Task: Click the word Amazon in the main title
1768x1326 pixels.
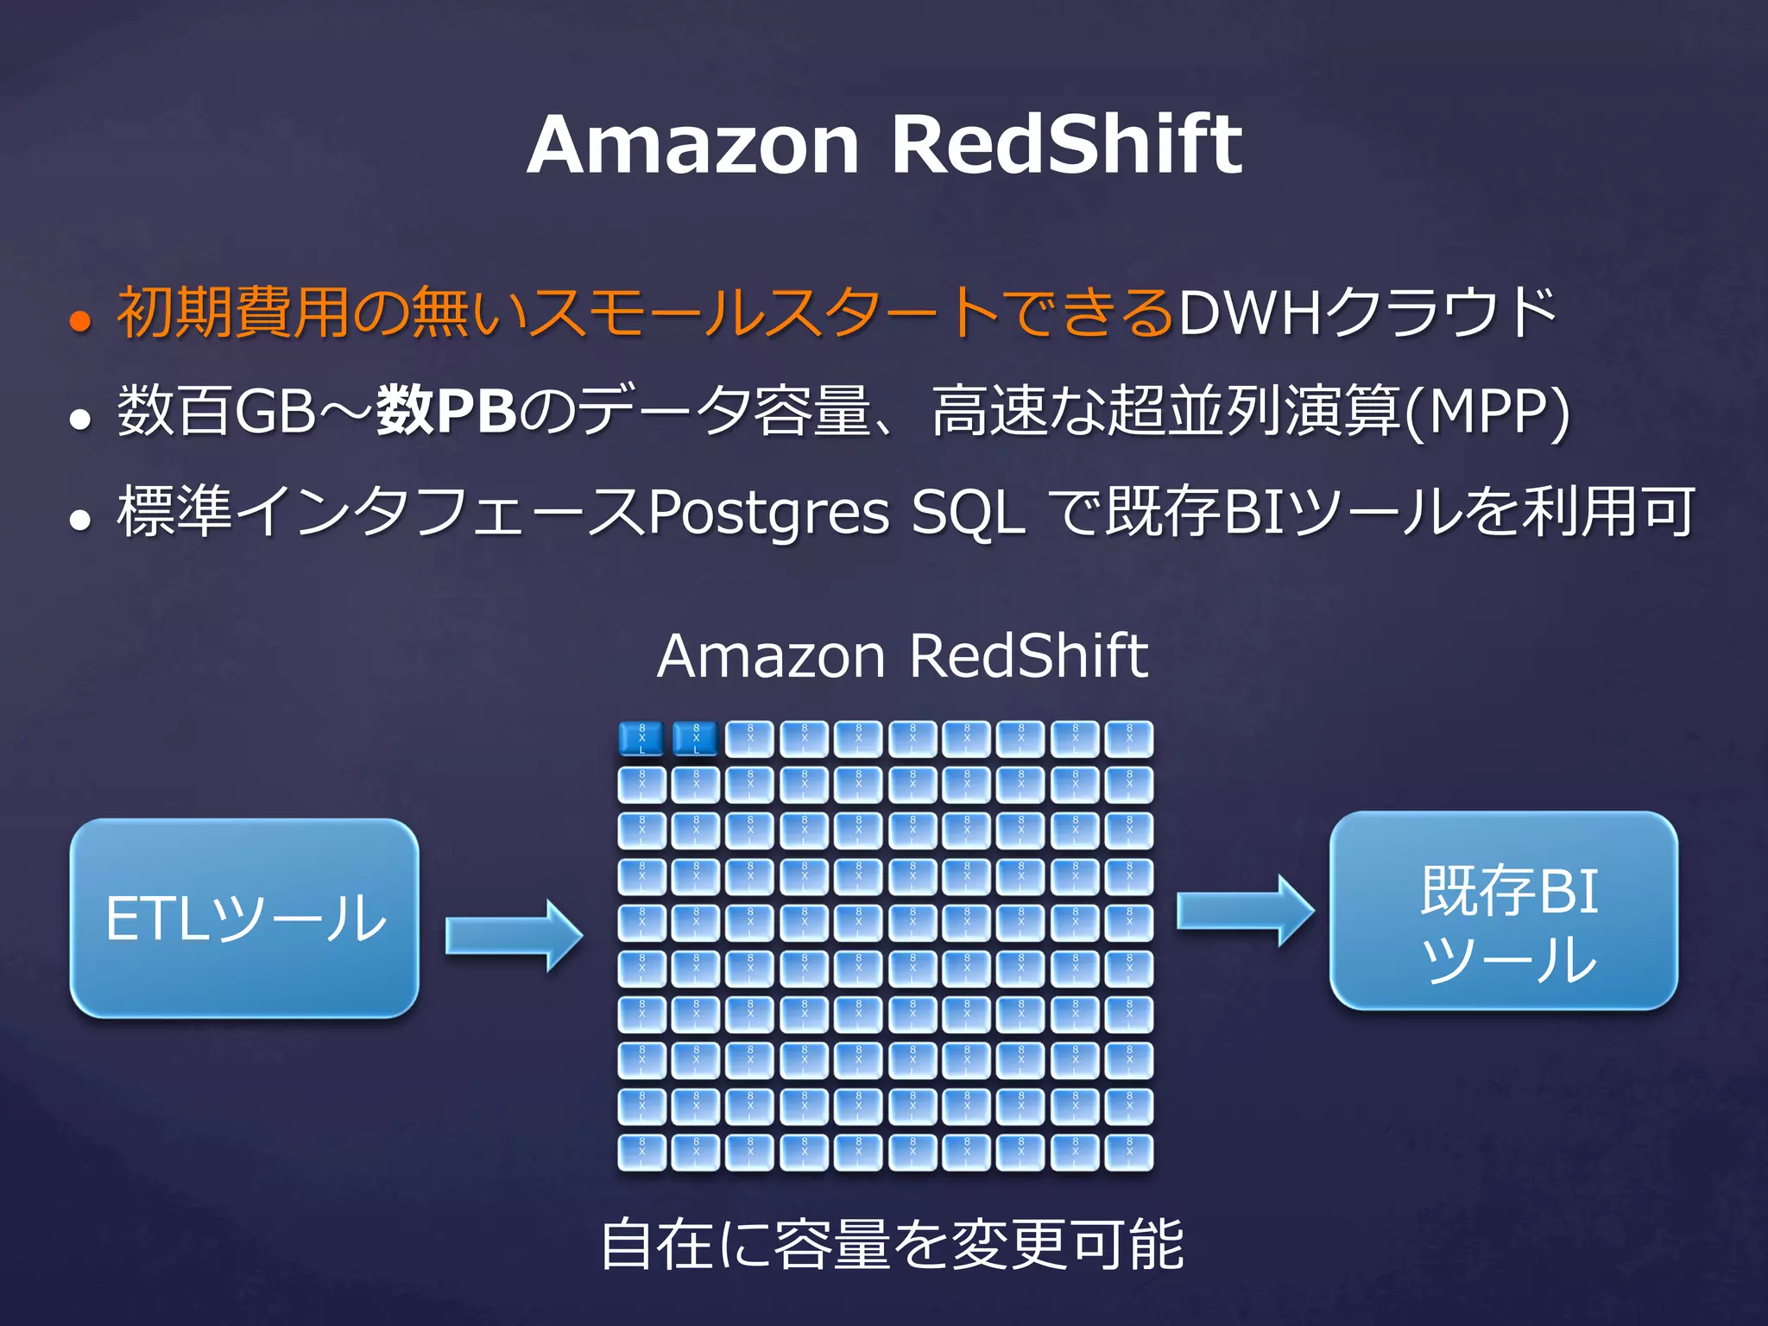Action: (x=693, y=144)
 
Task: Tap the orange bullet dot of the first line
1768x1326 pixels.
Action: (x=80, y=321)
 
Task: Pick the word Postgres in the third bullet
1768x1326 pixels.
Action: (x=768, y=513)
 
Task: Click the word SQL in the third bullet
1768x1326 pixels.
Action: (x=969, y=513)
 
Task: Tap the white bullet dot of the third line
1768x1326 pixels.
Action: (x=80, y=520)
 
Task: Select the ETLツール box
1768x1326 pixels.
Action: (x=244, y=918)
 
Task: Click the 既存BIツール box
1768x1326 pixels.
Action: (x=1503, y=911)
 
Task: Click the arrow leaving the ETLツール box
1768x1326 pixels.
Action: (x=514, y=936)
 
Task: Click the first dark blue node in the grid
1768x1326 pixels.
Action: (x=641, y=739)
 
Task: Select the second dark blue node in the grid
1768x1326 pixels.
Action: (x=696, y=739)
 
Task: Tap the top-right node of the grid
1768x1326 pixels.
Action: (x=1129, y=739)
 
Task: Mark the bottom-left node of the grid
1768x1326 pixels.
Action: (x=641, y=1152)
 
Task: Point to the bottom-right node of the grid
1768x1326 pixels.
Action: (x=1129, y=1152)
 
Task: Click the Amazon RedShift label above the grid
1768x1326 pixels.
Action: (x=902, y=656)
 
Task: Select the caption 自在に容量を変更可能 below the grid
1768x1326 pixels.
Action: (x=892, y=1244)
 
